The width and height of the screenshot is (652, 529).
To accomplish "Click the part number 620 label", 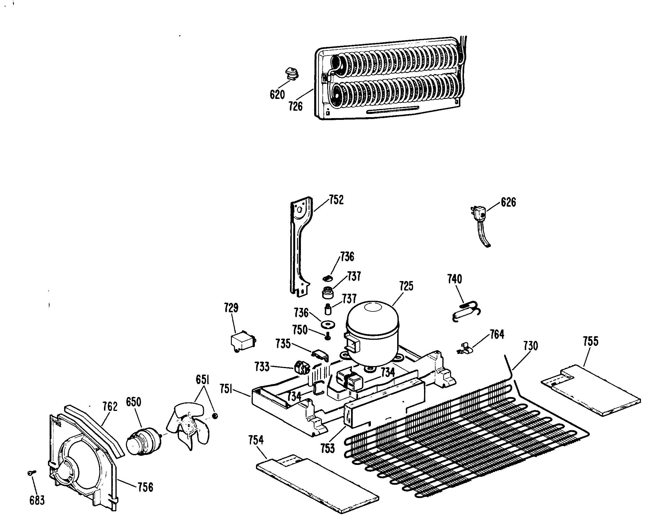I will tap(277, 95).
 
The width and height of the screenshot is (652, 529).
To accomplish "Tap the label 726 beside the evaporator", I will tap(295, 106).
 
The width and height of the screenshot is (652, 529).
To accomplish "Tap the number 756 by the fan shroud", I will tap(145, 487).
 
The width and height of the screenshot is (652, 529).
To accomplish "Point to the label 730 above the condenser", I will tap(531, 346).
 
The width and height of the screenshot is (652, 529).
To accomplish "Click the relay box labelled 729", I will tap(242, 342).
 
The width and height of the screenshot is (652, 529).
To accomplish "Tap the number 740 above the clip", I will tap(454, 279).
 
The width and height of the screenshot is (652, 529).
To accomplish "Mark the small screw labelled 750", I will tap(328, 337).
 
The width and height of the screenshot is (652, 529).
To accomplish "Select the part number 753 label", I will tap(328, 448).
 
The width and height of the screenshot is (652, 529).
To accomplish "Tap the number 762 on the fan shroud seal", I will tap(110, 406).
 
